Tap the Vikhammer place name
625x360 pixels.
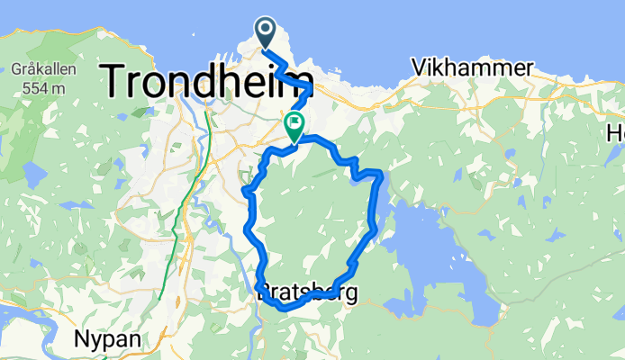[x=466, y=67]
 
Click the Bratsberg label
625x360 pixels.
[x=306, y=292]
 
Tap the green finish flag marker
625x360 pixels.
[x=294, y=126]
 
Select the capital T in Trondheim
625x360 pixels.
[x=118, y=80]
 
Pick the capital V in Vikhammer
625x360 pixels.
[x=418, y=67]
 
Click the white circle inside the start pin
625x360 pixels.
[x=267, y=29]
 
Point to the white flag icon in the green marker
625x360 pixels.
[x=294, y=122]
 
